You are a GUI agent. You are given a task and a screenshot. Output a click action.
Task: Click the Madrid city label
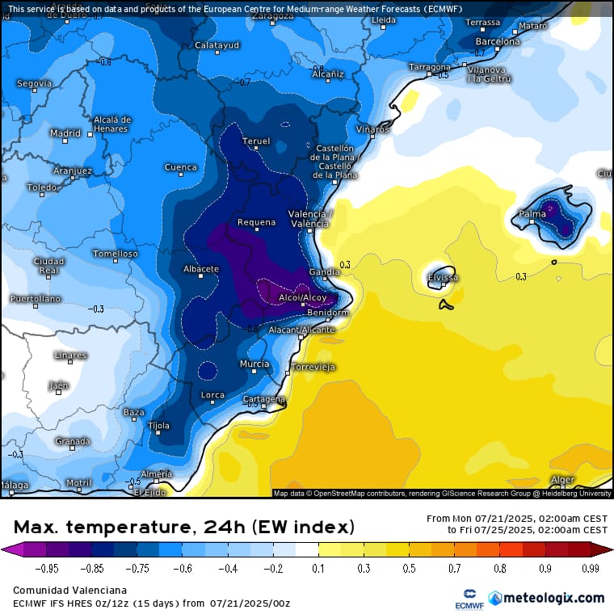(65, 133)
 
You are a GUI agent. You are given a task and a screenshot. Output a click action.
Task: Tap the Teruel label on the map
(256, 141)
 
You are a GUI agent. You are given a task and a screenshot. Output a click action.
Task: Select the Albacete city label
(201, 269)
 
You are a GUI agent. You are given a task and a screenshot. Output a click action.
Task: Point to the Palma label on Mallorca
(532, 214)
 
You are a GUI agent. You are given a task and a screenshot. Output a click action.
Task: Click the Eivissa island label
(443, 278)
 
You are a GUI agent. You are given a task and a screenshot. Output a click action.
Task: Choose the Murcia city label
(254, 364)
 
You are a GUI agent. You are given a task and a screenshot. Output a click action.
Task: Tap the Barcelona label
(497, 41)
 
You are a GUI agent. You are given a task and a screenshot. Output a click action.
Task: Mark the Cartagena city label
(264, 399)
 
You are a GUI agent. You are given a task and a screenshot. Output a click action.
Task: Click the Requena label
(256, 222)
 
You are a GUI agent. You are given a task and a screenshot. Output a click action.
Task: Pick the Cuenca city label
(180, 168)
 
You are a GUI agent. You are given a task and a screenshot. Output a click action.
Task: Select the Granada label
(73, 441)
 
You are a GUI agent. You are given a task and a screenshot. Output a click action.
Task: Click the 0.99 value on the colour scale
(587, 569)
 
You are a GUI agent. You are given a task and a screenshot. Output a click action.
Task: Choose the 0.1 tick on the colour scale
(318, 569)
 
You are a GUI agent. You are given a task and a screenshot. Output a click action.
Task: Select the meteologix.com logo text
(553, 598)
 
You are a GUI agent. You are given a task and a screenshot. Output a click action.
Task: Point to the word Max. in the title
(37, 528)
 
